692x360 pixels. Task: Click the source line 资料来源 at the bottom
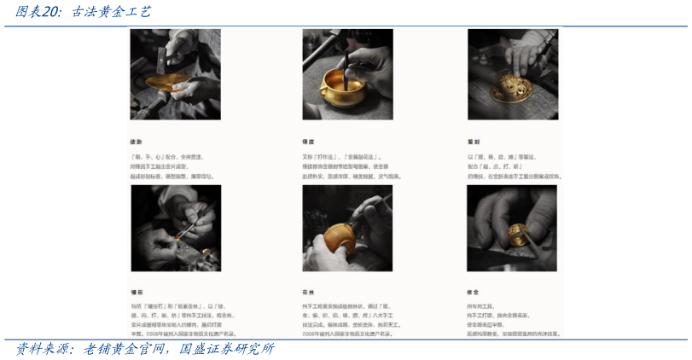[145, 349]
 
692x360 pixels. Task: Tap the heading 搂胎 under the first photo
[136, 142]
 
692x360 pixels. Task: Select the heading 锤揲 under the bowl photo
[308, 142]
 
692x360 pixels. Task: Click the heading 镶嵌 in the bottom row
[136, 291]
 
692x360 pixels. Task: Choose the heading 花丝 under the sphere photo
[308, 291]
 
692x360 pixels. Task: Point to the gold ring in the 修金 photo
[515, 233]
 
